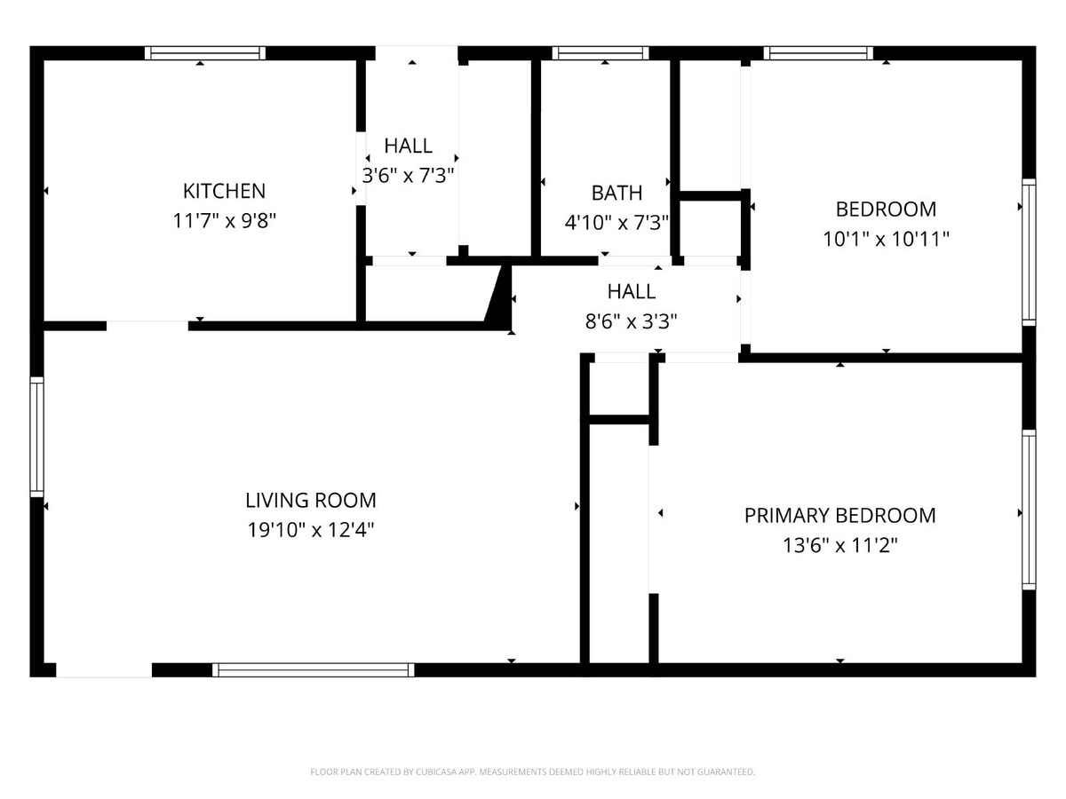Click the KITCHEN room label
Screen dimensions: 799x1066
(x=224, y=191)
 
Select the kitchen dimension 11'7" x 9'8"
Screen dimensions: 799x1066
(x=225, y=221)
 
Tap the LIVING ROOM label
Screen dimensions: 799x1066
(x=311, y=500)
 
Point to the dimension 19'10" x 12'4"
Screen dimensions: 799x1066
(x=311, y=531)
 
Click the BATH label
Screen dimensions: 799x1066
(x=617, y=193)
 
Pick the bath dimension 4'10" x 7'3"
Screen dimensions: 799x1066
(x=617, y=222)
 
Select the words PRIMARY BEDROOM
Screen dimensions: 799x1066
(x=839, y=515)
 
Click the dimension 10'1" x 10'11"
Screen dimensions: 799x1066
(x=886, y=239)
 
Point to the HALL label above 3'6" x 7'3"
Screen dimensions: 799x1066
(x=409, y=146)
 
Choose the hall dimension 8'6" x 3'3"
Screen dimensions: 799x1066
(x=632, y=321)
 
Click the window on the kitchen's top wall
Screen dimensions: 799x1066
(x=205, y=53)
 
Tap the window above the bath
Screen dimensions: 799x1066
(x=601, y=53)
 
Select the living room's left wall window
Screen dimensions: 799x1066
(x=36, y=437)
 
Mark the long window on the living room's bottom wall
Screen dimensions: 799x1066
(x=313, y=670)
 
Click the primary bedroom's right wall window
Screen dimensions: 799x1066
(x=1029, y=510)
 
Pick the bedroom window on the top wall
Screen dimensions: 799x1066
(x=818, y=53)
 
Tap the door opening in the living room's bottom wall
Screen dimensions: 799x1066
(x=104, y=670)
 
